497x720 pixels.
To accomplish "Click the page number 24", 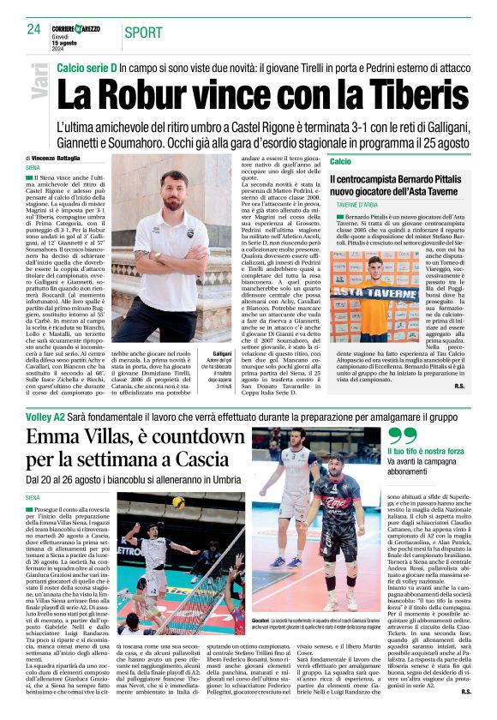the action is coord(34,30).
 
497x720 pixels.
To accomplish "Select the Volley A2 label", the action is coord(50,416).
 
